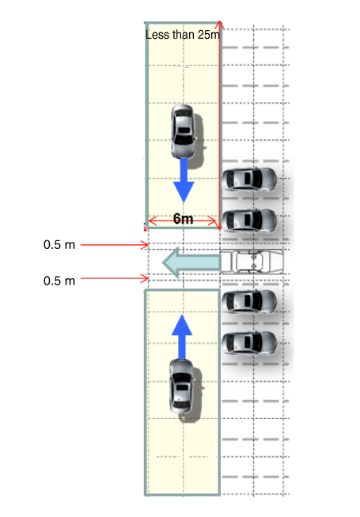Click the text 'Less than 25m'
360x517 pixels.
pos(183,35)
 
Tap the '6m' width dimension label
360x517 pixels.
pos(183,219)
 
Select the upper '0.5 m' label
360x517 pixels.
pos(59,244)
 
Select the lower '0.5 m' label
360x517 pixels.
pos(59,281)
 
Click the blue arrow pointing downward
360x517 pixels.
pos(184,180)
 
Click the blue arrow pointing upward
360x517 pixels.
pos(182,337)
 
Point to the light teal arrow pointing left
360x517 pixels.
pos(191,262)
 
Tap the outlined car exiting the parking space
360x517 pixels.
pos(252,262)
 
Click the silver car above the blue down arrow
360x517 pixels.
pos(183,131)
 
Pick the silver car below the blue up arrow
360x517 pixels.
pos(181,386)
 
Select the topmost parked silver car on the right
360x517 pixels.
pos(248,179)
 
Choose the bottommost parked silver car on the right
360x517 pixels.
pos(248,343)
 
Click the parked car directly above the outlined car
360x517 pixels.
pos(248,221)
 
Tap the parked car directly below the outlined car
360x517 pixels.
pos(248,302)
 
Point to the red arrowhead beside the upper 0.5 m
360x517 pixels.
pos(146,245)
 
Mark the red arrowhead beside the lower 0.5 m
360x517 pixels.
pos(146,278)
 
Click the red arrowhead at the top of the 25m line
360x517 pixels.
pos(220,25)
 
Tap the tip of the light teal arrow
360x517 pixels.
pos(163,262)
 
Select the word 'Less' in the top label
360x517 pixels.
pos(157,35)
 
